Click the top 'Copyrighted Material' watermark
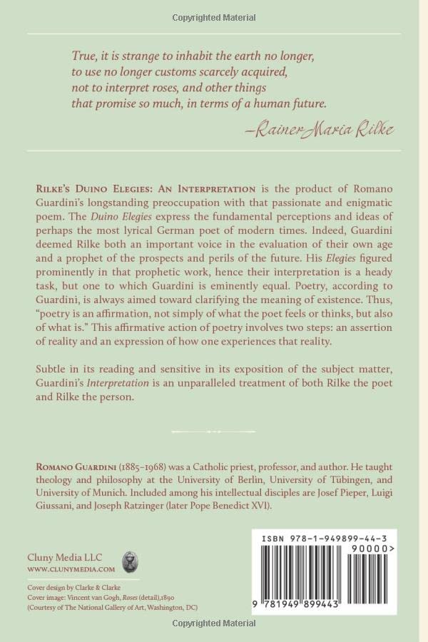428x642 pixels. pyautogui.click(x=214, y=16)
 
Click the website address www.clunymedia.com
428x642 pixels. pyautogui.click(x=71, y=569)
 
